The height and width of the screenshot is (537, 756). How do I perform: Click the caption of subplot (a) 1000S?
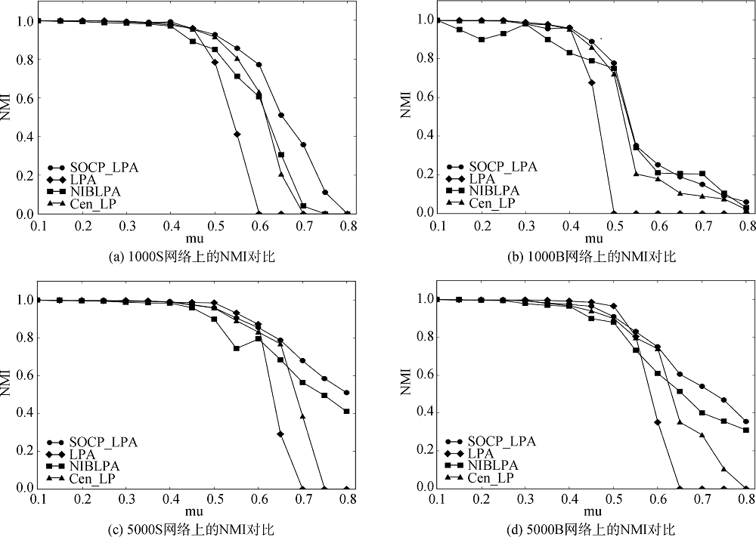click(192, 257)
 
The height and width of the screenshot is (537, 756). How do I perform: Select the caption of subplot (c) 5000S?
click(192, 528)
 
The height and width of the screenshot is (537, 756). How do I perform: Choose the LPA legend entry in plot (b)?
click(481, 179)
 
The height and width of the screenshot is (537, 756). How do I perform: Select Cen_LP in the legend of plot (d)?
click(492, 477)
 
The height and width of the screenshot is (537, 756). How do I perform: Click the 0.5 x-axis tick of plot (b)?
click(614, 224)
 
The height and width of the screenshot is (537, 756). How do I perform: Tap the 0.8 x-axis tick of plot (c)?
click(347, 499)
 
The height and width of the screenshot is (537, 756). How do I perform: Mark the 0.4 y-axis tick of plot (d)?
click(420, 412)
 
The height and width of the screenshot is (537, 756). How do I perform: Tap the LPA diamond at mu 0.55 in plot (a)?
click(237, 134)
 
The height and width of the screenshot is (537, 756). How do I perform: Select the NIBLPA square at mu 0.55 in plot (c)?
click(237, 348)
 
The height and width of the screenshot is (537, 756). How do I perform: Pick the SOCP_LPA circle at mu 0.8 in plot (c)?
click(346, 393)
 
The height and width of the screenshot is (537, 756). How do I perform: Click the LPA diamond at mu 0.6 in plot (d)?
click(658, 421)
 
